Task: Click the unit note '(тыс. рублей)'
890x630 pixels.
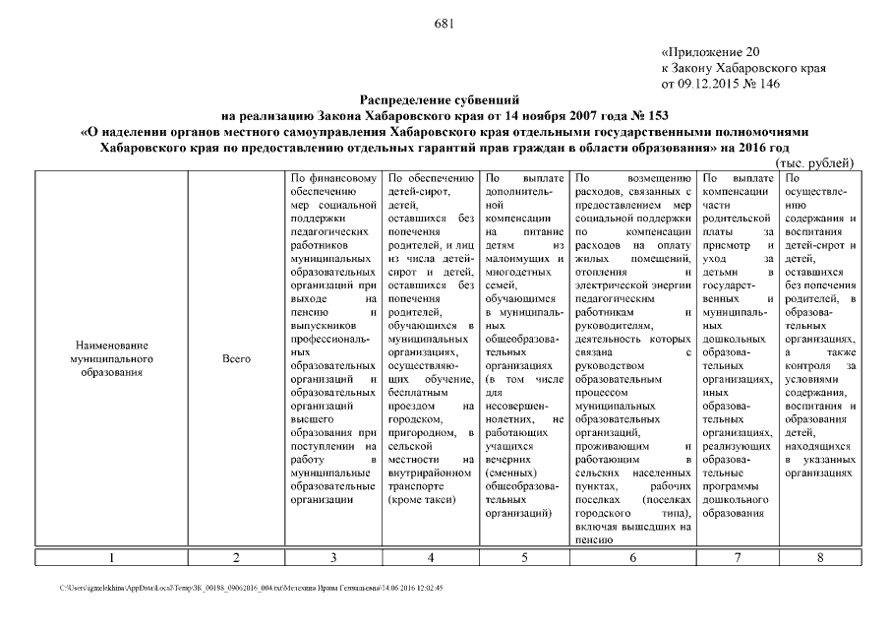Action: [x=815, y=162]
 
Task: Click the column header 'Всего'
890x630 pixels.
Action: [x=237, y=359]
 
